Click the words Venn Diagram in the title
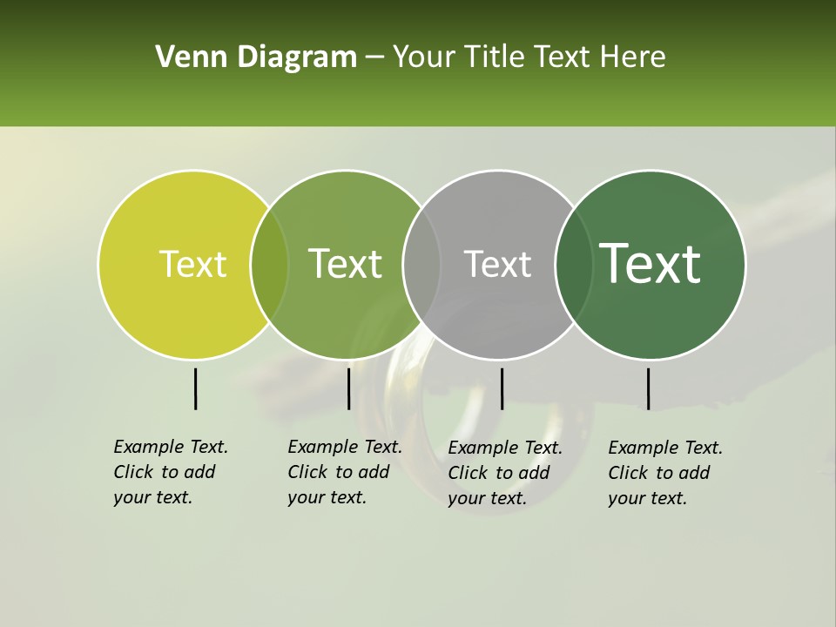coord(256,57)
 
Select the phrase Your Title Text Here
coord(529,57)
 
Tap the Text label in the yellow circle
coord(192,265)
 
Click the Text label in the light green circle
coord(345,265)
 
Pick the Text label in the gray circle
coord(497,265)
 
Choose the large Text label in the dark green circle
coord(650,264)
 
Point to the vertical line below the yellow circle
coord(195,388)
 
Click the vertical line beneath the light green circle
coord(348,388)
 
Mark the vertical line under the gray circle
coord(502,388)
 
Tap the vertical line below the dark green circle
coord(648,388)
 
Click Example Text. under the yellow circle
coord(171,447)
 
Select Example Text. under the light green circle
coord(345,447)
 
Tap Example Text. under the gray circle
coord(505,448)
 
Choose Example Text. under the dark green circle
coord(665,448)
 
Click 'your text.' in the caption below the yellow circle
coord(152,498)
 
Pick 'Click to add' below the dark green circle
coord(659,473)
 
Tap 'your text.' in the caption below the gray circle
coord(487,499)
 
